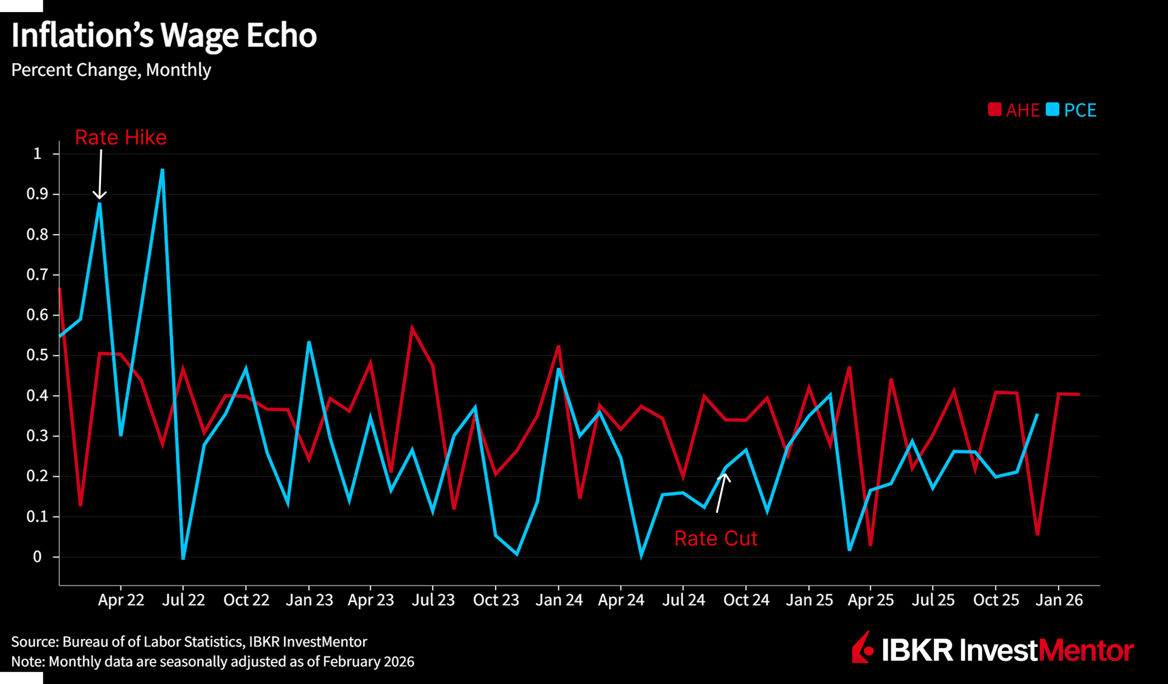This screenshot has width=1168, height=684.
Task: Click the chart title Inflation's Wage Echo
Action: [x=164, y=35]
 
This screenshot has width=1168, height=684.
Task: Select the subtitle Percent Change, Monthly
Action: [x=111, y=70]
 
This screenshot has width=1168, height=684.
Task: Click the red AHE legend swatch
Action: [x=995, y=109]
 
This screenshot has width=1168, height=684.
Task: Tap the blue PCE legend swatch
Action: [x=1052, y=109]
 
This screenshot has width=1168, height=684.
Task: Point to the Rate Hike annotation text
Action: [x=120, y=137]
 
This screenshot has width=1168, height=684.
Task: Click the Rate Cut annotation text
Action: [x=716, y=539]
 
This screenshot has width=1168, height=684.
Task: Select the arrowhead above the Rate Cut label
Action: [x=725, y=477]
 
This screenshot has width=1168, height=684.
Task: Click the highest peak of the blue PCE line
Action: [x=162, y=170]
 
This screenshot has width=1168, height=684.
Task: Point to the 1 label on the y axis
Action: [x=38, y=154]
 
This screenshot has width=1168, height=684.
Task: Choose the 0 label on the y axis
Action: [x=37, y=557]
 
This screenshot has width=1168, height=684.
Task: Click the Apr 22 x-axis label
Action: [x=121, y=600]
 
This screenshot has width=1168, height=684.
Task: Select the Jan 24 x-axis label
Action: [x=559, y=600]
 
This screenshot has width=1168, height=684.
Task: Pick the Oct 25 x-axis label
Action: [x=996, y=600]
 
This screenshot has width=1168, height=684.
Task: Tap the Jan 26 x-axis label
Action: [x=1059, y=600]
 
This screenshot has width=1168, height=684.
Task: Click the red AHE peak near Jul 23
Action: [x=412, y=328]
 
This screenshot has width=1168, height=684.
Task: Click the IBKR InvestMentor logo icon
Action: [x=862, y=648]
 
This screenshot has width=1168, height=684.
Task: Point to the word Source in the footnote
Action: [x=33, y=642]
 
